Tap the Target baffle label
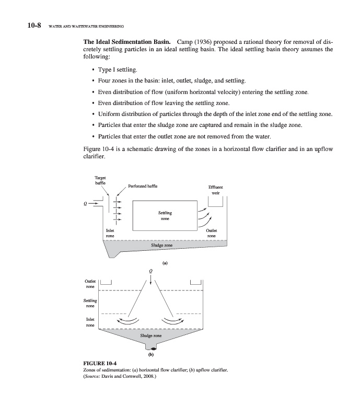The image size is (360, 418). click(x=99, y=180)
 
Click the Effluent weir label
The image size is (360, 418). click(x=215, y=189)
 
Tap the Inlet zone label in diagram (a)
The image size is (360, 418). click(x=110, y=233)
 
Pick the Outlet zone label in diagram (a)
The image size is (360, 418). click(x=212, y=233)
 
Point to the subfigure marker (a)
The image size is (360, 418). click(x=165, y=263)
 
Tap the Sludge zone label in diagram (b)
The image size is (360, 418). click(x=151, y=335)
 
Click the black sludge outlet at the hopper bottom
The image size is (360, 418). click(x=152, y=348)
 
